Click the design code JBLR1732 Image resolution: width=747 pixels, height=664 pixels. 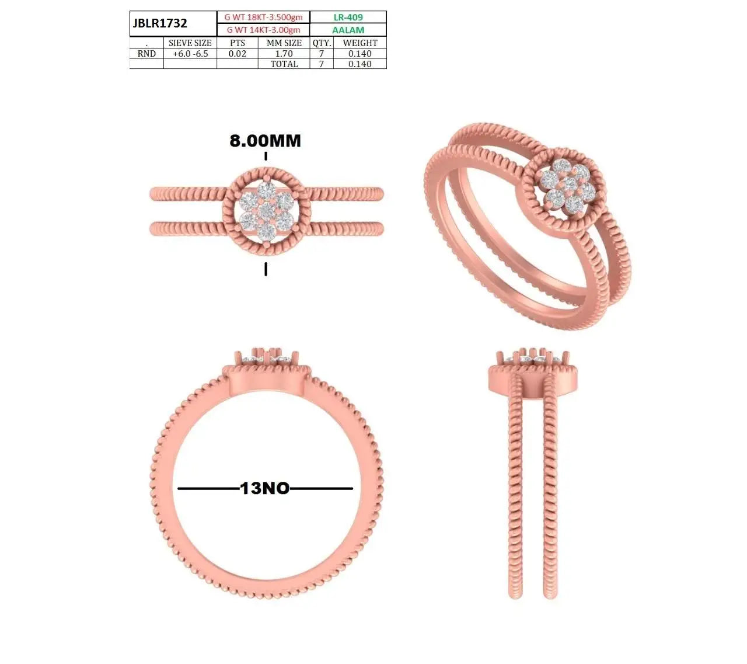coord(160,23)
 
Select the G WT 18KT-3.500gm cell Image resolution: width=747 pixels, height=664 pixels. coord(263,17)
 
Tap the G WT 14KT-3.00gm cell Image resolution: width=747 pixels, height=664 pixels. coord(263,30)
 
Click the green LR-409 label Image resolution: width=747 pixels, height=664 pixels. coord(348,17)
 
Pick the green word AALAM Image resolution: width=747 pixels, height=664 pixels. coord(348,30)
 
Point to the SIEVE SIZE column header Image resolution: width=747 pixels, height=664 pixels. coord(190,43)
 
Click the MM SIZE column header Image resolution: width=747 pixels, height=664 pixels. coord(284,43)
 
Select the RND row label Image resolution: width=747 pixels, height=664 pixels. coord(146,54)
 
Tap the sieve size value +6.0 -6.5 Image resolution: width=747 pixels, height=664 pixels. coord(190,54)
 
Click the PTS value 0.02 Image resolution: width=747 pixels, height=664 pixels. coord(237,54)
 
